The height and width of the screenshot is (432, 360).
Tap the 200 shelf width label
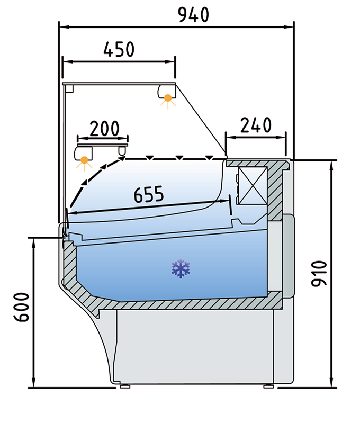click(x=104, y=128)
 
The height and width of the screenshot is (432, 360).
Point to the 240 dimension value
click(x=256, y=125)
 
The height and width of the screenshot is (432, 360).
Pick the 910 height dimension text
click(x=319, y=273)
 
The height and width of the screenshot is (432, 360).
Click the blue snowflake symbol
click(x=181, y=269)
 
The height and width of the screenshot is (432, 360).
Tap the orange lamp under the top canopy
click(x=168, y=97)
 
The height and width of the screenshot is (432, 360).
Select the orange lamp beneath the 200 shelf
click(x=84, y=159)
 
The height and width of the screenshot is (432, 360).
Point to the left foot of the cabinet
click(x=125, y=386)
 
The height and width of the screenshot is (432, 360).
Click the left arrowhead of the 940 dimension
click(x=61, y=25)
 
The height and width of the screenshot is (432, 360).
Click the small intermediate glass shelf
click(x=103, y=140)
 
